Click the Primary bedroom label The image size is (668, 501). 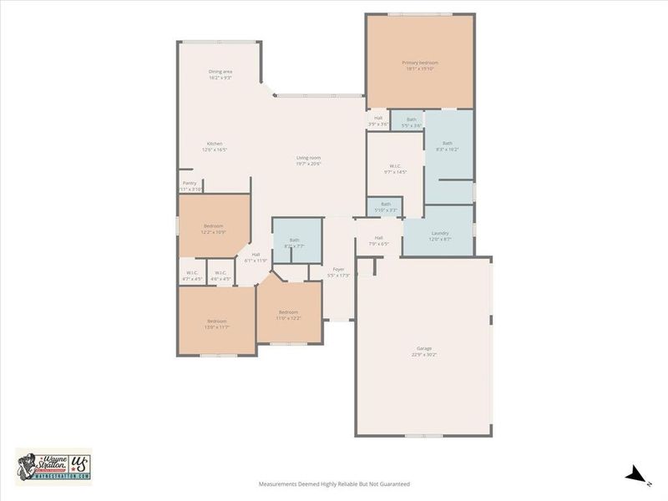tap(420, 66)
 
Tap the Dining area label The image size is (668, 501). tap(220, 74)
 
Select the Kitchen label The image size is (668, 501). tap(215, 146)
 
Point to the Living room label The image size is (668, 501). tap(308, 160)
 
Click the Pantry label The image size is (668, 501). tap(190, 186)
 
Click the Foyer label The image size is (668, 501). tap(338, 271)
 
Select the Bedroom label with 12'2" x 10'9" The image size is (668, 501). tap(214, 229)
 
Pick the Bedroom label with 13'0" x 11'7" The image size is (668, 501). tap(217, 324)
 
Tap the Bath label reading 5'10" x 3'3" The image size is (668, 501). tap(386, 206)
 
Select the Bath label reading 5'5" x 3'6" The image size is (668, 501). tap(411, 122)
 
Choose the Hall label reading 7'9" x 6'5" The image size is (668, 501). tap(378, 240)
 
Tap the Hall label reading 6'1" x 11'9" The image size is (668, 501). tap(256, 257)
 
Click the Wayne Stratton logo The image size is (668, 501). tap(53, 465)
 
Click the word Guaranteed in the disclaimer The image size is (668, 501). tap(393, 483)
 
